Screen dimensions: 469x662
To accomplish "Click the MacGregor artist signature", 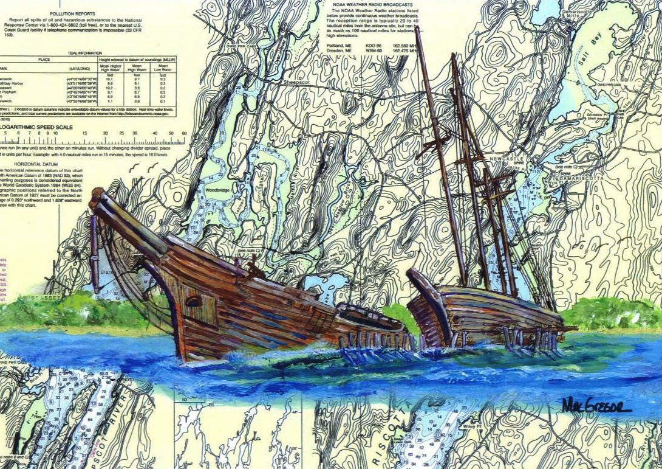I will [x=596, y=405].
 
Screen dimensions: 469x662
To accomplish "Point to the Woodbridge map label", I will [x=217, y=190].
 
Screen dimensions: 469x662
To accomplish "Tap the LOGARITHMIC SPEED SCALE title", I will [x=36, y=127].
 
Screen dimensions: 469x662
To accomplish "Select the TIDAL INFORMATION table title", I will [x=88, y=53].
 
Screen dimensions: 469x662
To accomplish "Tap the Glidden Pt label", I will [x=598, y=114].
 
